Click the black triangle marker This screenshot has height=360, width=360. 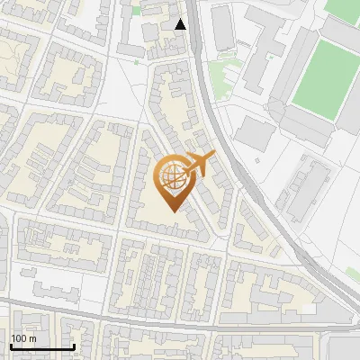click(181, 24)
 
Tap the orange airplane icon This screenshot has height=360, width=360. click(200, 165)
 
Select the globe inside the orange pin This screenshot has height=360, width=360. click(172, 175)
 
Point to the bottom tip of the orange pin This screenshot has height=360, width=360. click(172, 211)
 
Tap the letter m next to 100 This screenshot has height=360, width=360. click(33, 338)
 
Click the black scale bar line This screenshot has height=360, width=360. click(41, 346)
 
